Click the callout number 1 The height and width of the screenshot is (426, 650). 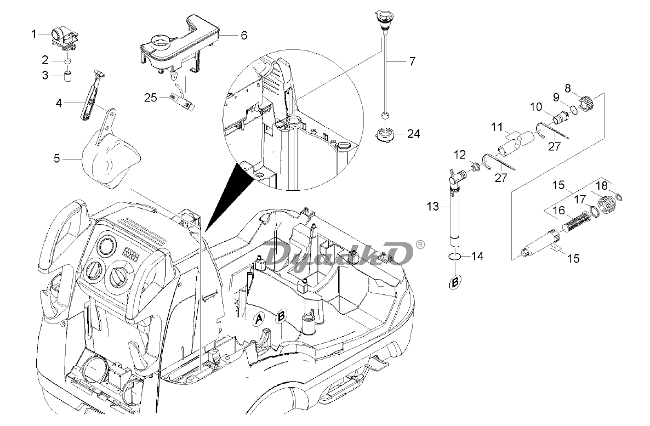click(x=34, y=34)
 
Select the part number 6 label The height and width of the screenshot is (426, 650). click(x=243, y=35)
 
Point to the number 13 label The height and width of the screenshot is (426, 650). click(x=432, y=206)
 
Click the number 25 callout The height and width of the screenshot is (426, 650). click(x=151, y=98)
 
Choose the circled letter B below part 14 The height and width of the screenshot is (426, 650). click(x=455, y=283)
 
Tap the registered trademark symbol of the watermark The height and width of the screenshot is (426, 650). click(x=420, y=245)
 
